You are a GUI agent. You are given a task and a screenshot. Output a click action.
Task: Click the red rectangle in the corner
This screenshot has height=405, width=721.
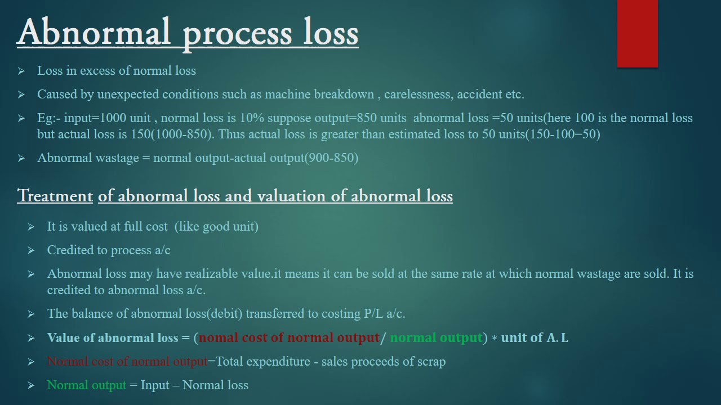[x=637, y=34]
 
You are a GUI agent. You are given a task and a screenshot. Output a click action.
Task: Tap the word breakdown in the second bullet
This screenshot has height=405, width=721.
[x=344, y=94]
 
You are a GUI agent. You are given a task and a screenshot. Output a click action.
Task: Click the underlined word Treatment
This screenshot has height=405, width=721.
[x=55, y=196]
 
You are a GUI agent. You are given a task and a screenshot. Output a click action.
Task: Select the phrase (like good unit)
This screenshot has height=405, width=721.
[x=216, y=227]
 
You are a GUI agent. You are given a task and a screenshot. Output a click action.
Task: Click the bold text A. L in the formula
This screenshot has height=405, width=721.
[x=558, y=338]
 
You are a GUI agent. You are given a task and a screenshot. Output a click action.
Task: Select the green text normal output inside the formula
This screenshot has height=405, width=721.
[x=436, y=338]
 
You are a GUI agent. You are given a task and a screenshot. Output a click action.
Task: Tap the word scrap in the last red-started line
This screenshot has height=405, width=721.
[x=431, y=362]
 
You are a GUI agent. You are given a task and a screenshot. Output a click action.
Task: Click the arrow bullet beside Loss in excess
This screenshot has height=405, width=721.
[x=21, y=71]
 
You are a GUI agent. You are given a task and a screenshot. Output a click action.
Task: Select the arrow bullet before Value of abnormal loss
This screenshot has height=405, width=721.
[x=31, y=338]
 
